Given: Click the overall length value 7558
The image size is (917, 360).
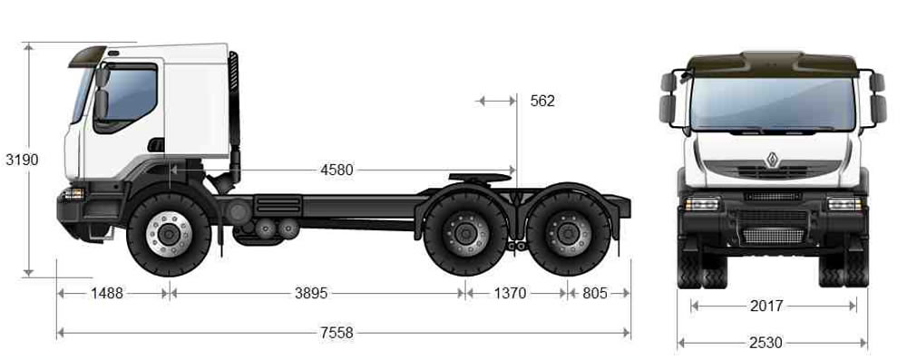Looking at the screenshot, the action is pyautogui.click(x=337, y=333).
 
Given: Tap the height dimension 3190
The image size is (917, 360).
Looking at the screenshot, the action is pyautogui.click(x=22, y=160).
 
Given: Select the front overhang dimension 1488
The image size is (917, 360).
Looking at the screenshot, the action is pyautogui.click(x=107, y=293).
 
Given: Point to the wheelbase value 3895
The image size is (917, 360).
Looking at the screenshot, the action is pyautogui.click(x=311, y=293).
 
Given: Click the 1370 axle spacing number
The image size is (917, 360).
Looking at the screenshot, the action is pyautogui.click(x=511, y=293).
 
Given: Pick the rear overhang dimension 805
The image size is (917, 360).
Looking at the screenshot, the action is pyautogui.click(x=595, y=293).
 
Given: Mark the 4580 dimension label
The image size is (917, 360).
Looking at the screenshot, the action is pyautogui.click(x=337, y=170).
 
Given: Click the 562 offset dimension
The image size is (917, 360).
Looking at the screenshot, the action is pyautogui.click(x=542, y=101).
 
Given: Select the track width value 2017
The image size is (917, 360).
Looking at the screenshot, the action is pyautogui.click(x=766, y=306).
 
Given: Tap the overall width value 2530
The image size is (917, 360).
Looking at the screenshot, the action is pyautogui.click(x=766, y=343).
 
